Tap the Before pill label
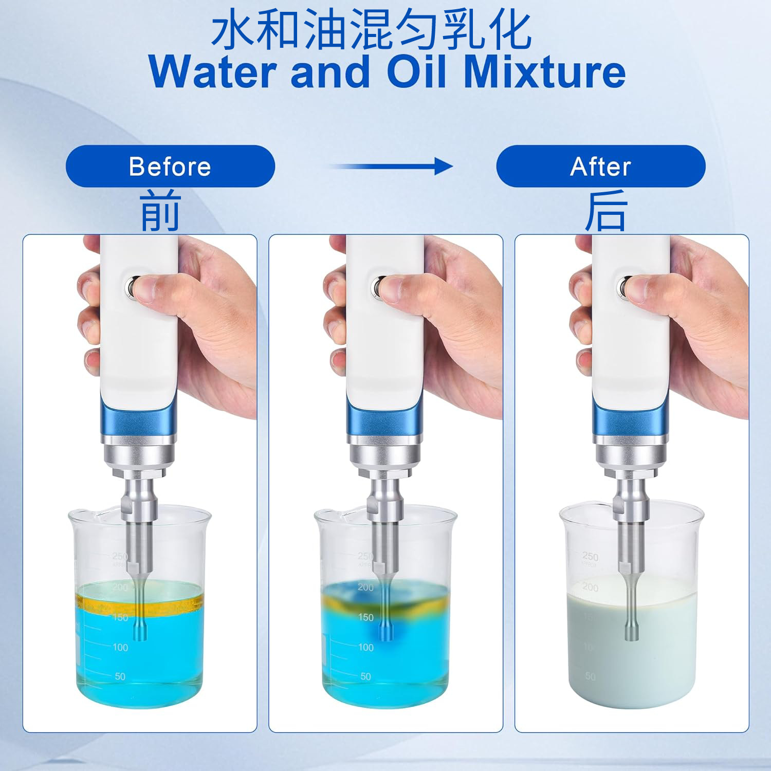(170, 167)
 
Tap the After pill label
(600, 167)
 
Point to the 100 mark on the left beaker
(120, 647)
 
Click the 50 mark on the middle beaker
(365, 676)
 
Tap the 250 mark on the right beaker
(590, 557)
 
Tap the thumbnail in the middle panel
(396, 288)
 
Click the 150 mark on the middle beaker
(365, 617)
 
